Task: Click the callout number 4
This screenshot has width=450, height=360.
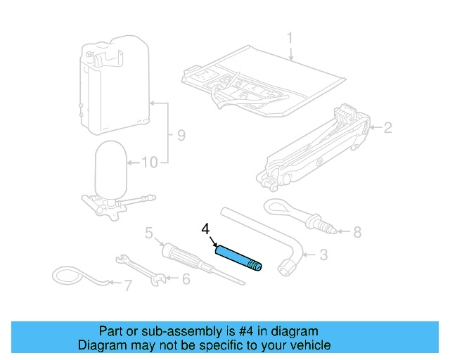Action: tap(205, 229)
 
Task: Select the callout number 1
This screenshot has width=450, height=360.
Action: tap(289, 37)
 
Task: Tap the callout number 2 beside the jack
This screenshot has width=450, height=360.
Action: tap(386, 127)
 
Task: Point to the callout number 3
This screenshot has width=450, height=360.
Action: tap(323, 255)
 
